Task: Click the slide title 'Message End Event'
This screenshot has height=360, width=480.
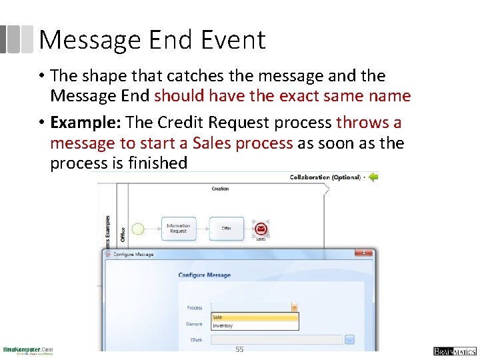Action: point(152,40)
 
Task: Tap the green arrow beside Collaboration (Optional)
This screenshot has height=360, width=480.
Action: point(373,177)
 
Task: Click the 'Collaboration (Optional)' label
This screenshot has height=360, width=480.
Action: point(325,177)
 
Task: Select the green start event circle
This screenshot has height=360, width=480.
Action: point(138,229)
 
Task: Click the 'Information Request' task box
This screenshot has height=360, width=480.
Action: point(178,228)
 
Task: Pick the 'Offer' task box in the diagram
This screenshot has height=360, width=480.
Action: point(226,228)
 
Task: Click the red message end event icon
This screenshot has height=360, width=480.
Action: point(261,229)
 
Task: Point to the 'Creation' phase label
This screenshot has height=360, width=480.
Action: point(220,189)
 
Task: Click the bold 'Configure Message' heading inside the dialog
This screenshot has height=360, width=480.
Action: point(204,275)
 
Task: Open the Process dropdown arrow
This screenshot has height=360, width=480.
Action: point(294,307)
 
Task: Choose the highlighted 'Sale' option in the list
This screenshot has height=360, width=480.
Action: point(254,317)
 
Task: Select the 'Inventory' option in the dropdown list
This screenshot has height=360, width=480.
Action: point(254,325)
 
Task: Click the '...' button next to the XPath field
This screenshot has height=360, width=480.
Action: point(349,339)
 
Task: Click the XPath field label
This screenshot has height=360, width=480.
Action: point(195,339)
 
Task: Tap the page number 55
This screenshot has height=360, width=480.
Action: point(239,349)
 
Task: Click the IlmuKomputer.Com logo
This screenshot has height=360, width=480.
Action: point(28,351)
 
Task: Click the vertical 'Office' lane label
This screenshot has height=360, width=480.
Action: point(123,234)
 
